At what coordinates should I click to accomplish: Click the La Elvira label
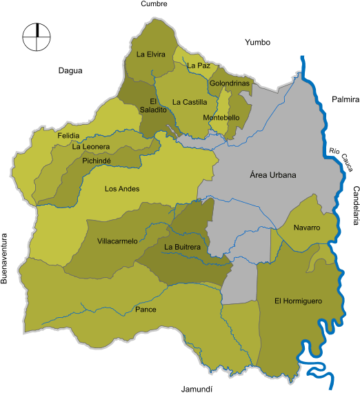[150, 54]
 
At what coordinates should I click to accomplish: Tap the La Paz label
[198, 65]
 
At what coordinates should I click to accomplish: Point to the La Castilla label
[190, 102]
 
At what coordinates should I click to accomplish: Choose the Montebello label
[221, 118]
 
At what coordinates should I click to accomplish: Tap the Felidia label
[68, 135]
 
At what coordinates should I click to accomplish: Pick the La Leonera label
[90, 146]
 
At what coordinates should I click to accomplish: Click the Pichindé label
[97, 160]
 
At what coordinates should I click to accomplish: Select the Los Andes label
[122, 189]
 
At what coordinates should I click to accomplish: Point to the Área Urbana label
[272, 175]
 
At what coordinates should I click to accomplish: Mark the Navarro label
[306, 228]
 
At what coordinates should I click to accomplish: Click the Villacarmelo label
[117, 241]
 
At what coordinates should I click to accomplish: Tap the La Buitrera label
[182, 246]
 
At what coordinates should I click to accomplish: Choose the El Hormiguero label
[298, 301]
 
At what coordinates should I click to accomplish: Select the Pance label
[146, 310]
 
